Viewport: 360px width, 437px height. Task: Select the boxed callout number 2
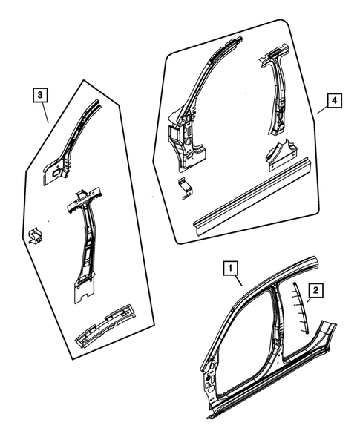tap(316, 291)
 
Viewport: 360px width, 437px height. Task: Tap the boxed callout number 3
tap(40, 94)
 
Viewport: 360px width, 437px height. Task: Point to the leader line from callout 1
tap(238, 280)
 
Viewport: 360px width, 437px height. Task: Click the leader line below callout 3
tap(45, 112)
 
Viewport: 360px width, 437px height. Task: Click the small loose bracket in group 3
tap(34, 234)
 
